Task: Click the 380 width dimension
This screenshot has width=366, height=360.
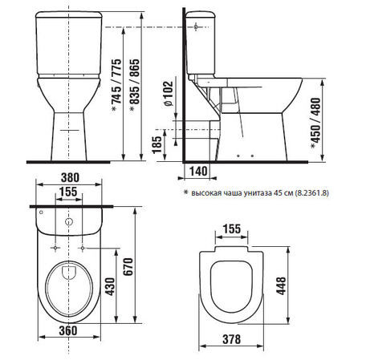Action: (70, 177)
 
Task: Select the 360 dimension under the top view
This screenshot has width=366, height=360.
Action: (68, 330)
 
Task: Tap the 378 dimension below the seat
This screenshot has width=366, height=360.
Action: (232, 339)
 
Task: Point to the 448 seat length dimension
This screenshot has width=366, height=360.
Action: (281, 286)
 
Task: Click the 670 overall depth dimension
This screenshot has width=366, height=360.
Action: (128, 267)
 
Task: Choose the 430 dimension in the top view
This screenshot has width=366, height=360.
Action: (110, 287)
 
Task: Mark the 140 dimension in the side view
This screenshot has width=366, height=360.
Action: (198, 171)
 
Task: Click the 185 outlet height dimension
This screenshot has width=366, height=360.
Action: (157, 145)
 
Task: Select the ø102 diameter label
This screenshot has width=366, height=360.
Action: (169, 94)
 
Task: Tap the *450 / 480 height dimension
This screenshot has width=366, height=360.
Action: (315, 123)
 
